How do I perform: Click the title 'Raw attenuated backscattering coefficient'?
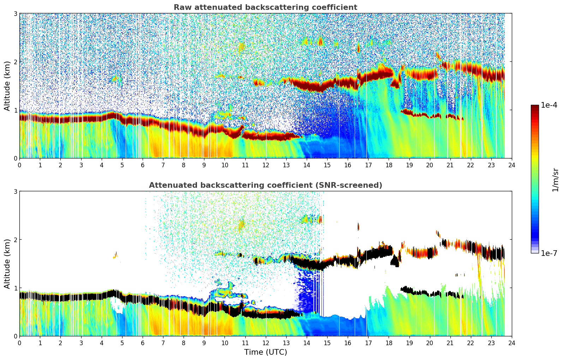(265, 7)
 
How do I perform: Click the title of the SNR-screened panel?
(265, 185)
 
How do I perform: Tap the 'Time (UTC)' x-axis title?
(265, 352)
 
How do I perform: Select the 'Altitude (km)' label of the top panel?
(7, 86)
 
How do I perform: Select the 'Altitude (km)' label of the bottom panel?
(7, 264)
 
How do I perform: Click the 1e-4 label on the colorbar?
(549, 105)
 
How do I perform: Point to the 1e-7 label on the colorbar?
(549, 253)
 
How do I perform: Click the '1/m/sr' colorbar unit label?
(555, 180)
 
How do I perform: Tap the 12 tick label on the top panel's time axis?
(265, 165)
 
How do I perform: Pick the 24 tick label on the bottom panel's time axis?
(511, 343)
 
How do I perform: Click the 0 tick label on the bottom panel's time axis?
(19, 343)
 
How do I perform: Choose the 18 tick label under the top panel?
(389, 165)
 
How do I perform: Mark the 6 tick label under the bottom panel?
(143, 343)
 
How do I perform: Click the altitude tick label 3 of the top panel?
(16, 13)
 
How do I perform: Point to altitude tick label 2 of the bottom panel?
(16, 240)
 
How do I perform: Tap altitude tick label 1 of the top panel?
(16, 110)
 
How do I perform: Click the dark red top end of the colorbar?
(535, 107)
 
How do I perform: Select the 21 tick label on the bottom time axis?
(450, 343)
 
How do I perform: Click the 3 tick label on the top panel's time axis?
(81, 165)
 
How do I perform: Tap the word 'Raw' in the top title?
(182, 7)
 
